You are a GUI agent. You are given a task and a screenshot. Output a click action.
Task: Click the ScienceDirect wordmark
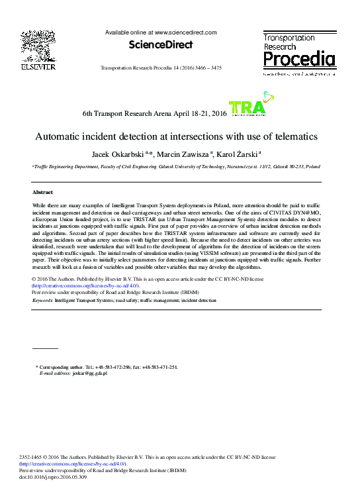161,45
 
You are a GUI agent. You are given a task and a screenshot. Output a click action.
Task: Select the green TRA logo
247,108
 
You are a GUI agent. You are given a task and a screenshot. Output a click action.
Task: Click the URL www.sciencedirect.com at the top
185,32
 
